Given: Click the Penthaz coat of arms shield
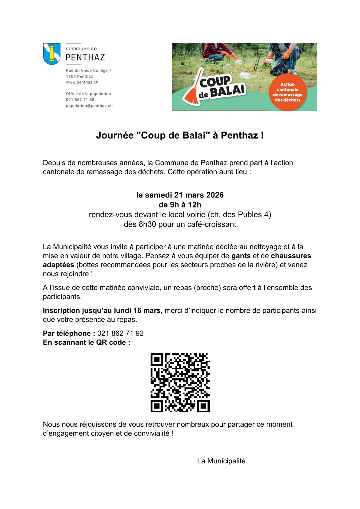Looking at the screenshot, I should tap(52, 54).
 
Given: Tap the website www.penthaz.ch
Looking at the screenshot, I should tap(82, 82).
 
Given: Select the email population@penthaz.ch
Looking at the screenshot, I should tap(89, 106).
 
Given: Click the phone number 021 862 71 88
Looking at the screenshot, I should tap(80, 100).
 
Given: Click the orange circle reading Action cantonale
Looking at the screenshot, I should tap(287, 92).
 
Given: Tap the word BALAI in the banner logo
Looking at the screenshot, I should tap(227, 90).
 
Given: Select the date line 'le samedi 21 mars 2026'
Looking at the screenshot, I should tap(180, 195).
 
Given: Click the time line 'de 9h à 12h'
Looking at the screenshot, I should tap(180, 205).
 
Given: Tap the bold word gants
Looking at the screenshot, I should tap(241, 256).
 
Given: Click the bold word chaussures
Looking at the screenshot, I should tap(291, 256).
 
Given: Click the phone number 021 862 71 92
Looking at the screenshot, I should tap(120, 333).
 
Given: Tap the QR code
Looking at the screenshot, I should tap(180, 383).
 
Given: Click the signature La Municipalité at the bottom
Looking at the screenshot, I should tap(221, 461).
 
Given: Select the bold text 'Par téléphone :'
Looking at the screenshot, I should tap(69, 333).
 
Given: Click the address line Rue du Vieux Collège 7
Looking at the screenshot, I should tap(89, 70).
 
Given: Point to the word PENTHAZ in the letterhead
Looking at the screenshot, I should tap(85, 57).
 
